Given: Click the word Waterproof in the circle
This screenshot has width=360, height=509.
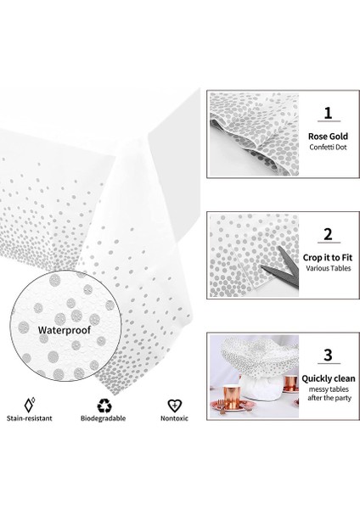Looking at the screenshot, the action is pos(64,330).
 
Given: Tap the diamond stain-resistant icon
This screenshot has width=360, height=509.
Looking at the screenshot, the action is pos(30,405).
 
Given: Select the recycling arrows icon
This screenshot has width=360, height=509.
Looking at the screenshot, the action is pos(104,406).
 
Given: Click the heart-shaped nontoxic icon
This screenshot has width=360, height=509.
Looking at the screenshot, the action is pos(174,406).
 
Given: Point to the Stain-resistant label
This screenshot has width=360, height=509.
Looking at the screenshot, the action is pos(30,418).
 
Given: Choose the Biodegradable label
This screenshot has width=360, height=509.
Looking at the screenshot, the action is pos(103,418).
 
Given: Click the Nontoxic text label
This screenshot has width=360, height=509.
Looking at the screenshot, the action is pos(174,418).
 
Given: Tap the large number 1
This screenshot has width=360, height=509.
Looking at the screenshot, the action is pos(328,113).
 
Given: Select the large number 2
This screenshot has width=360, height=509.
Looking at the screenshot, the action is pos(328,234).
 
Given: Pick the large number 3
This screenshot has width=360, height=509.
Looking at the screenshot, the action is pos(328,355).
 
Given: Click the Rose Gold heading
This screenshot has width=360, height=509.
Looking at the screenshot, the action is pos(328,137).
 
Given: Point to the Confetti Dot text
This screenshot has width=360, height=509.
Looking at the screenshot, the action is pos(328,147).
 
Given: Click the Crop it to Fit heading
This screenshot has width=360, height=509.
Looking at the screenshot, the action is pos(328,258).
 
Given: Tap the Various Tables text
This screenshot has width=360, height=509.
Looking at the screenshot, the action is pos(328,268).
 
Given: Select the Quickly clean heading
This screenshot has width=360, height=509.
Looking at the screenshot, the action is pos(329,378).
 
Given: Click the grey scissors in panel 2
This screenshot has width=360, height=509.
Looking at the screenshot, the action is pos(282,267).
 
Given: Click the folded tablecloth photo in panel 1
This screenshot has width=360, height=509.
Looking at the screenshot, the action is pos(254,134).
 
